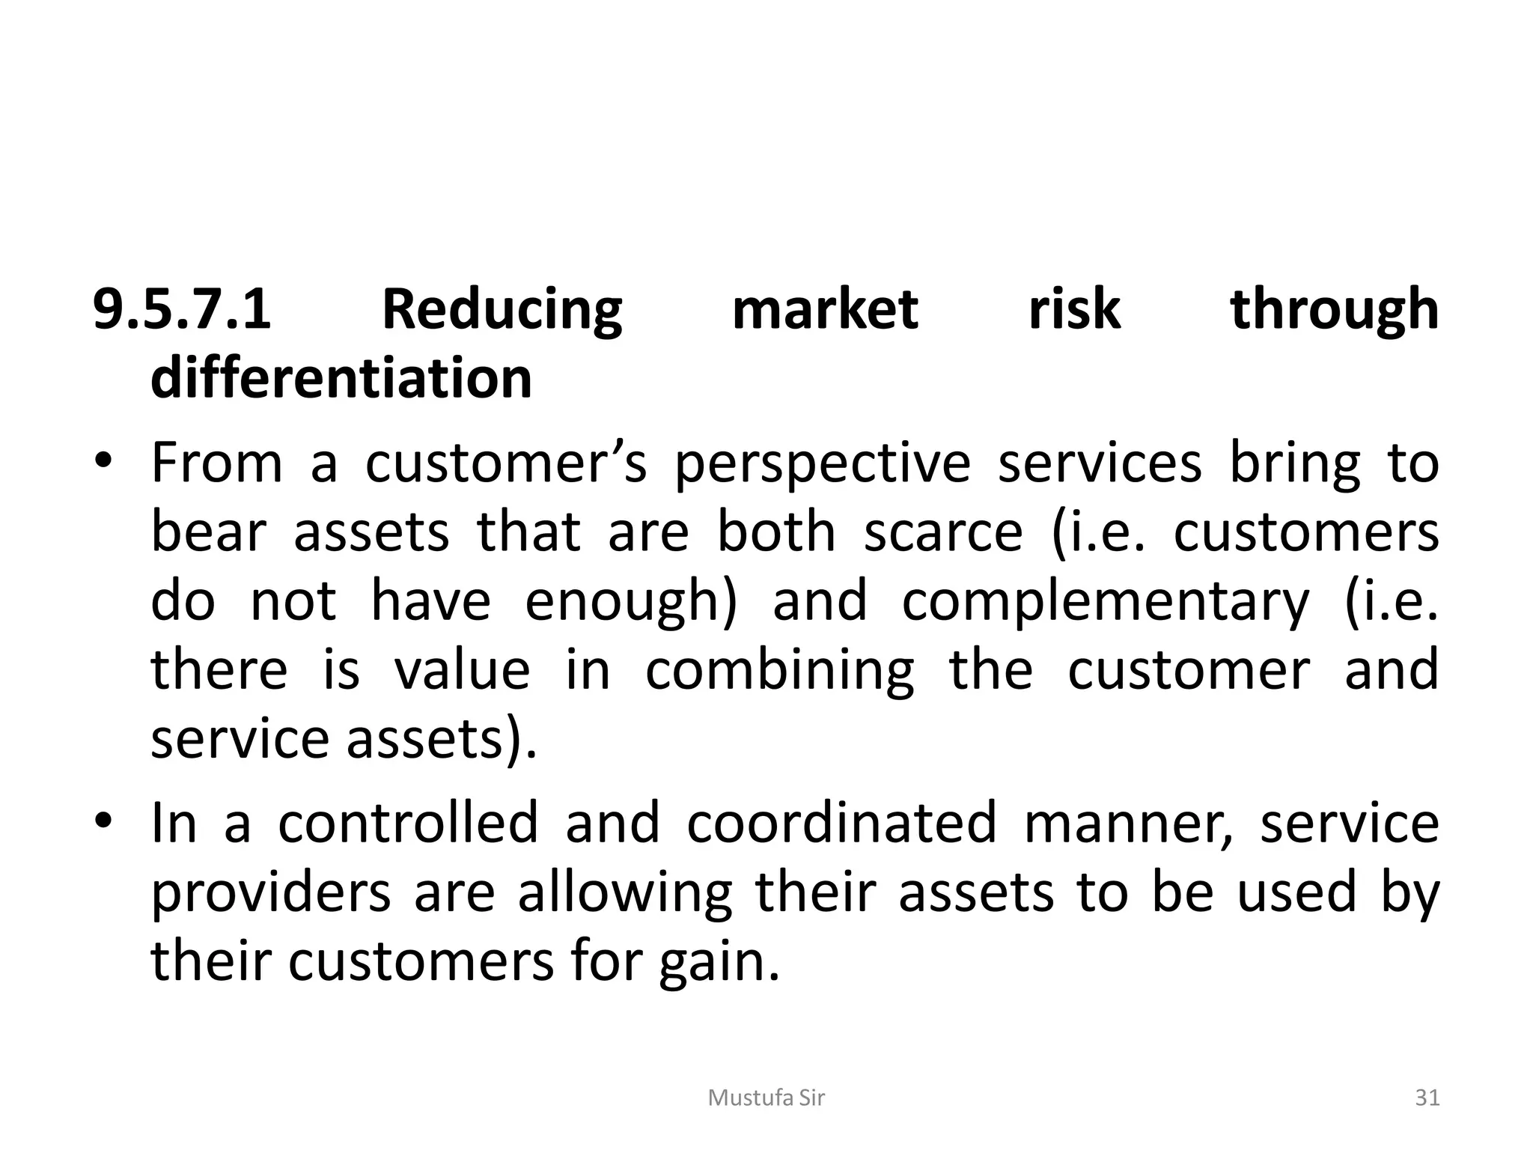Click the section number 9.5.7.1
(x=181, y=309)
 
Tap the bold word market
(x=825, y=309)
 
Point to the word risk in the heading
(x=1074, y=309)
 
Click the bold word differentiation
(x=341, y=378)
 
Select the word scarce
(x=943, y=532)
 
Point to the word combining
(x=779, y=672)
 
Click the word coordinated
(x=842, y=822)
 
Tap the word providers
(x=271, y=893)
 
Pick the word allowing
(x=625, y=893)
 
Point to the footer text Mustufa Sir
(x=766, y=1098)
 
